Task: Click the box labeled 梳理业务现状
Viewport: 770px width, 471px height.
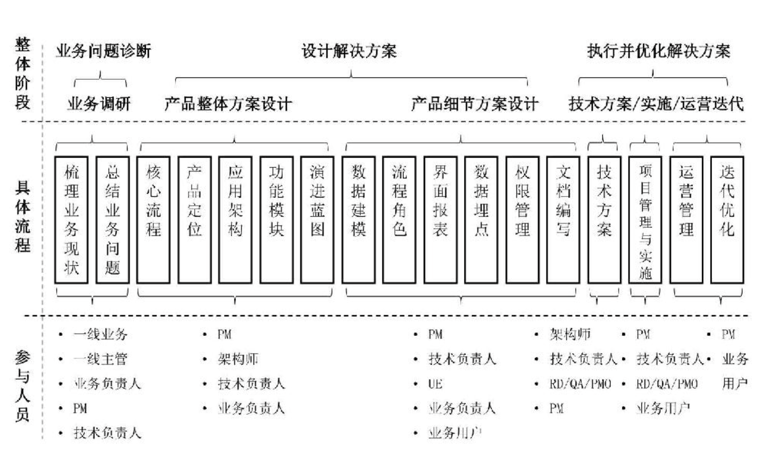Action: [x=71, y=220]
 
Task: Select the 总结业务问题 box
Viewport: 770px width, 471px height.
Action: [x=113, y=220]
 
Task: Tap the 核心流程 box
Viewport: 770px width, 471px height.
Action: [x=153, y=220]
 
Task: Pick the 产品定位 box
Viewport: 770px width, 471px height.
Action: [x=195, y=220]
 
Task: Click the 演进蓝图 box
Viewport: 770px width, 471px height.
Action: [x=317, y=220]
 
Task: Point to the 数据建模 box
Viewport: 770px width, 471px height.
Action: [x=358, y=220]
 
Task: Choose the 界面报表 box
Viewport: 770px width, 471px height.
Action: [x=440, y=220]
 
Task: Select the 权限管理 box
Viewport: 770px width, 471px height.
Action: [x=522, y=220]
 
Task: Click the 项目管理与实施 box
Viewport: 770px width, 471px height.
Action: [x=645, y=220]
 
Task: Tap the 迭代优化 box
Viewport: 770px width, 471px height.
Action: [x=727, y=220]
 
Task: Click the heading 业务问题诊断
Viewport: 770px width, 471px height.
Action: [x=103, y=51]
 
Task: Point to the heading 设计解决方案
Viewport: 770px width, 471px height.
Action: [x=349, y=51]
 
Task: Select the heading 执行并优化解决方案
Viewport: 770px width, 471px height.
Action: [x=659, y=51]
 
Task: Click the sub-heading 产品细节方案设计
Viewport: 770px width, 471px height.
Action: [x=475, y=104]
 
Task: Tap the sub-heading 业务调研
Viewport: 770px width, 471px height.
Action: [x=99, y=104]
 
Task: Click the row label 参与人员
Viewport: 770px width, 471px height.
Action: [x=22, y=386]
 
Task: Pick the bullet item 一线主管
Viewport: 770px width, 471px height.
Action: [x=100, y=359]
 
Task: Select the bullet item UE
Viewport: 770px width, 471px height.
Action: [x=435, y=384]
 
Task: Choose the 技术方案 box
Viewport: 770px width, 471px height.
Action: [x=604, y=220]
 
